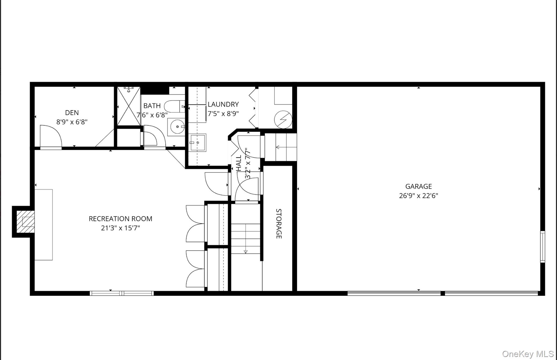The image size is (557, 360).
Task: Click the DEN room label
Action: click(72, 113)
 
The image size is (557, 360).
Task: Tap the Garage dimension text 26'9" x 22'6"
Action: click(418, 196)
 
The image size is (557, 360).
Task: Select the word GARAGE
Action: click(418, 187)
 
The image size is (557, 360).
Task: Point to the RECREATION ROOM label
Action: click(120, 219)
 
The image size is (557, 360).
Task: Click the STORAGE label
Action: click(279, 224)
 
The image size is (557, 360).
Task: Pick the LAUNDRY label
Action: click(223, 104)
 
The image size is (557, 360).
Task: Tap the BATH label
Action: click(152, 106)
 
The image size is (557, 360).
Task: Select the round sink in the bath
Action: click(177, 127)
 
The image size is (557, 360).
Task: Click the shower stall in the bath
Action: click(129, 106)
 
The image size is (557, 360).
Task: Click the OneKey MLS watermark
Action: click(528, 354)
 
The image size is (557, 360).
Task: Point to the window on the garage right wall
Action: click(542, 246)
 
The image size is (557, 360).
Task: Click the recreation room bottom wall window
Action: click(122, 293)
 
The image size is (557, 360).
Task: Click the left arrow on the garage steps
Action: click(278, 147)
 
